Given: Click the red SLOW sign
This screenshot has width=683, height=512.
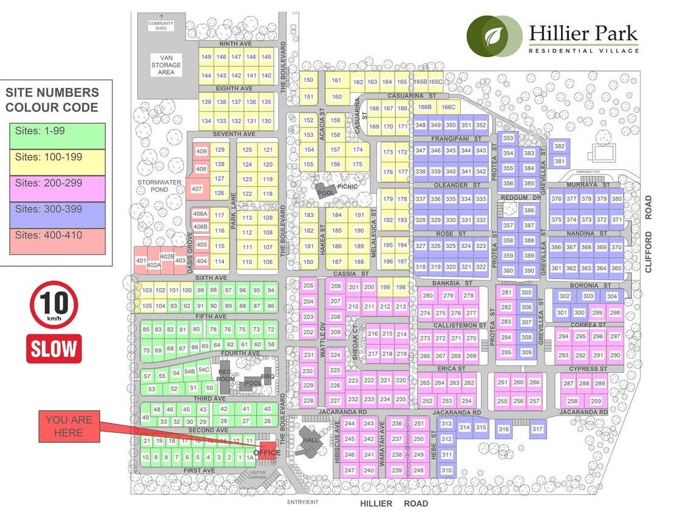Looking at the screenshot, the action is [53, 348].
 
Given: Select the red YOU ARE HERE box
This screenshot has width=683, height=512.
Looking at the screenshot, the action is [68, 426].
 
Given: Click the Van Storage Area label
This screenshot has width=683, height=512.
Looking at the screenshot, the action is [166, 65].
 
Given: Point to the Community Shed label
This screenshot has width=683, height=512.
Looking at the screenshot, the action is [161, 25].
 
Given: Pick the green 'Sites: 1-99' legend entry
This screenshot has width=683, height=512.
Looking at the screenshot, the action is [57, 135].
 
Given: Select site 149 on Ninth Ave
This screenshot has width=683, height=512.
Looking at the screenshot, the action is [206, 57].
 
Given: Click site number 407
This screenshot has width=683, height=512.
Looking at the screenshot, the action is [197, 189].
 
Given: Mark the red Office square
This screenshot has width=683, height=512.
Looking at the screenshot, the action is [267, 453].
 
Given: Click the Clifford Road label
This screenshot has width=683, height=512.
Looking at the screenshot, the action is [648, 234].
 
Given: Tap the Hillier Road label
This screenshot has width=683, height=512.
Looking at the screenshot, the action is [393, 504].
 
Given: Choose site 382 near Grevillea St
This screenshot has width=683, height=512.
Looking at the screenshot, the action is [559, 147].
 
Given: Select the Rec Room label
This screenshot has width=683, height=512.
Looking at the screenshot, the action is [225, 376].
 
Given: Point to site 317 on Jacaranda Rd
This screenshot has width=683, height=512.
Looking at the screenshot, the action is [536, 429].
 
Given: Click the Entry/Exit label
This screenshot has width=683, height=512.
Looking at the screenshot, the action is [302, 502].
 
